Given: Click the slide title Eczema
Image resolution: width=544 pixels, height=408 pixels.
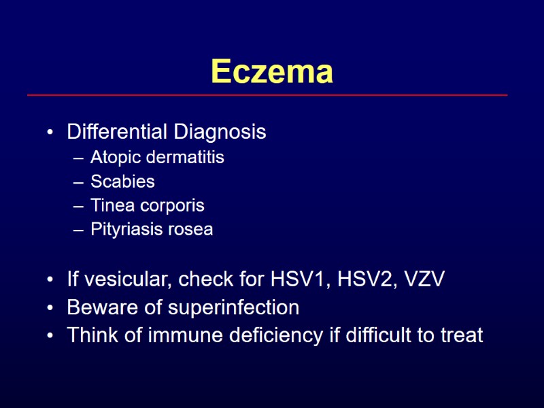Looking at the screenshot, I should point(272,71).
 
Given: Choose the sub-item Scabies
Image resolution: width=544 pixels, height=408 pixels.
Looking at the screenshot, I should point(122,182).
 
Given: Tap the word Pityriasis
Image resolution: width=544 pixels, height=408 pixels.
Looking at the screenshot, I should point(124,230).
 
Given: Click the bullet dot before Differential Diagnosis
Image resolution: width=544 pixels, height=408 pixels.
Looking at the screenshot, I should point(50,133).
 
